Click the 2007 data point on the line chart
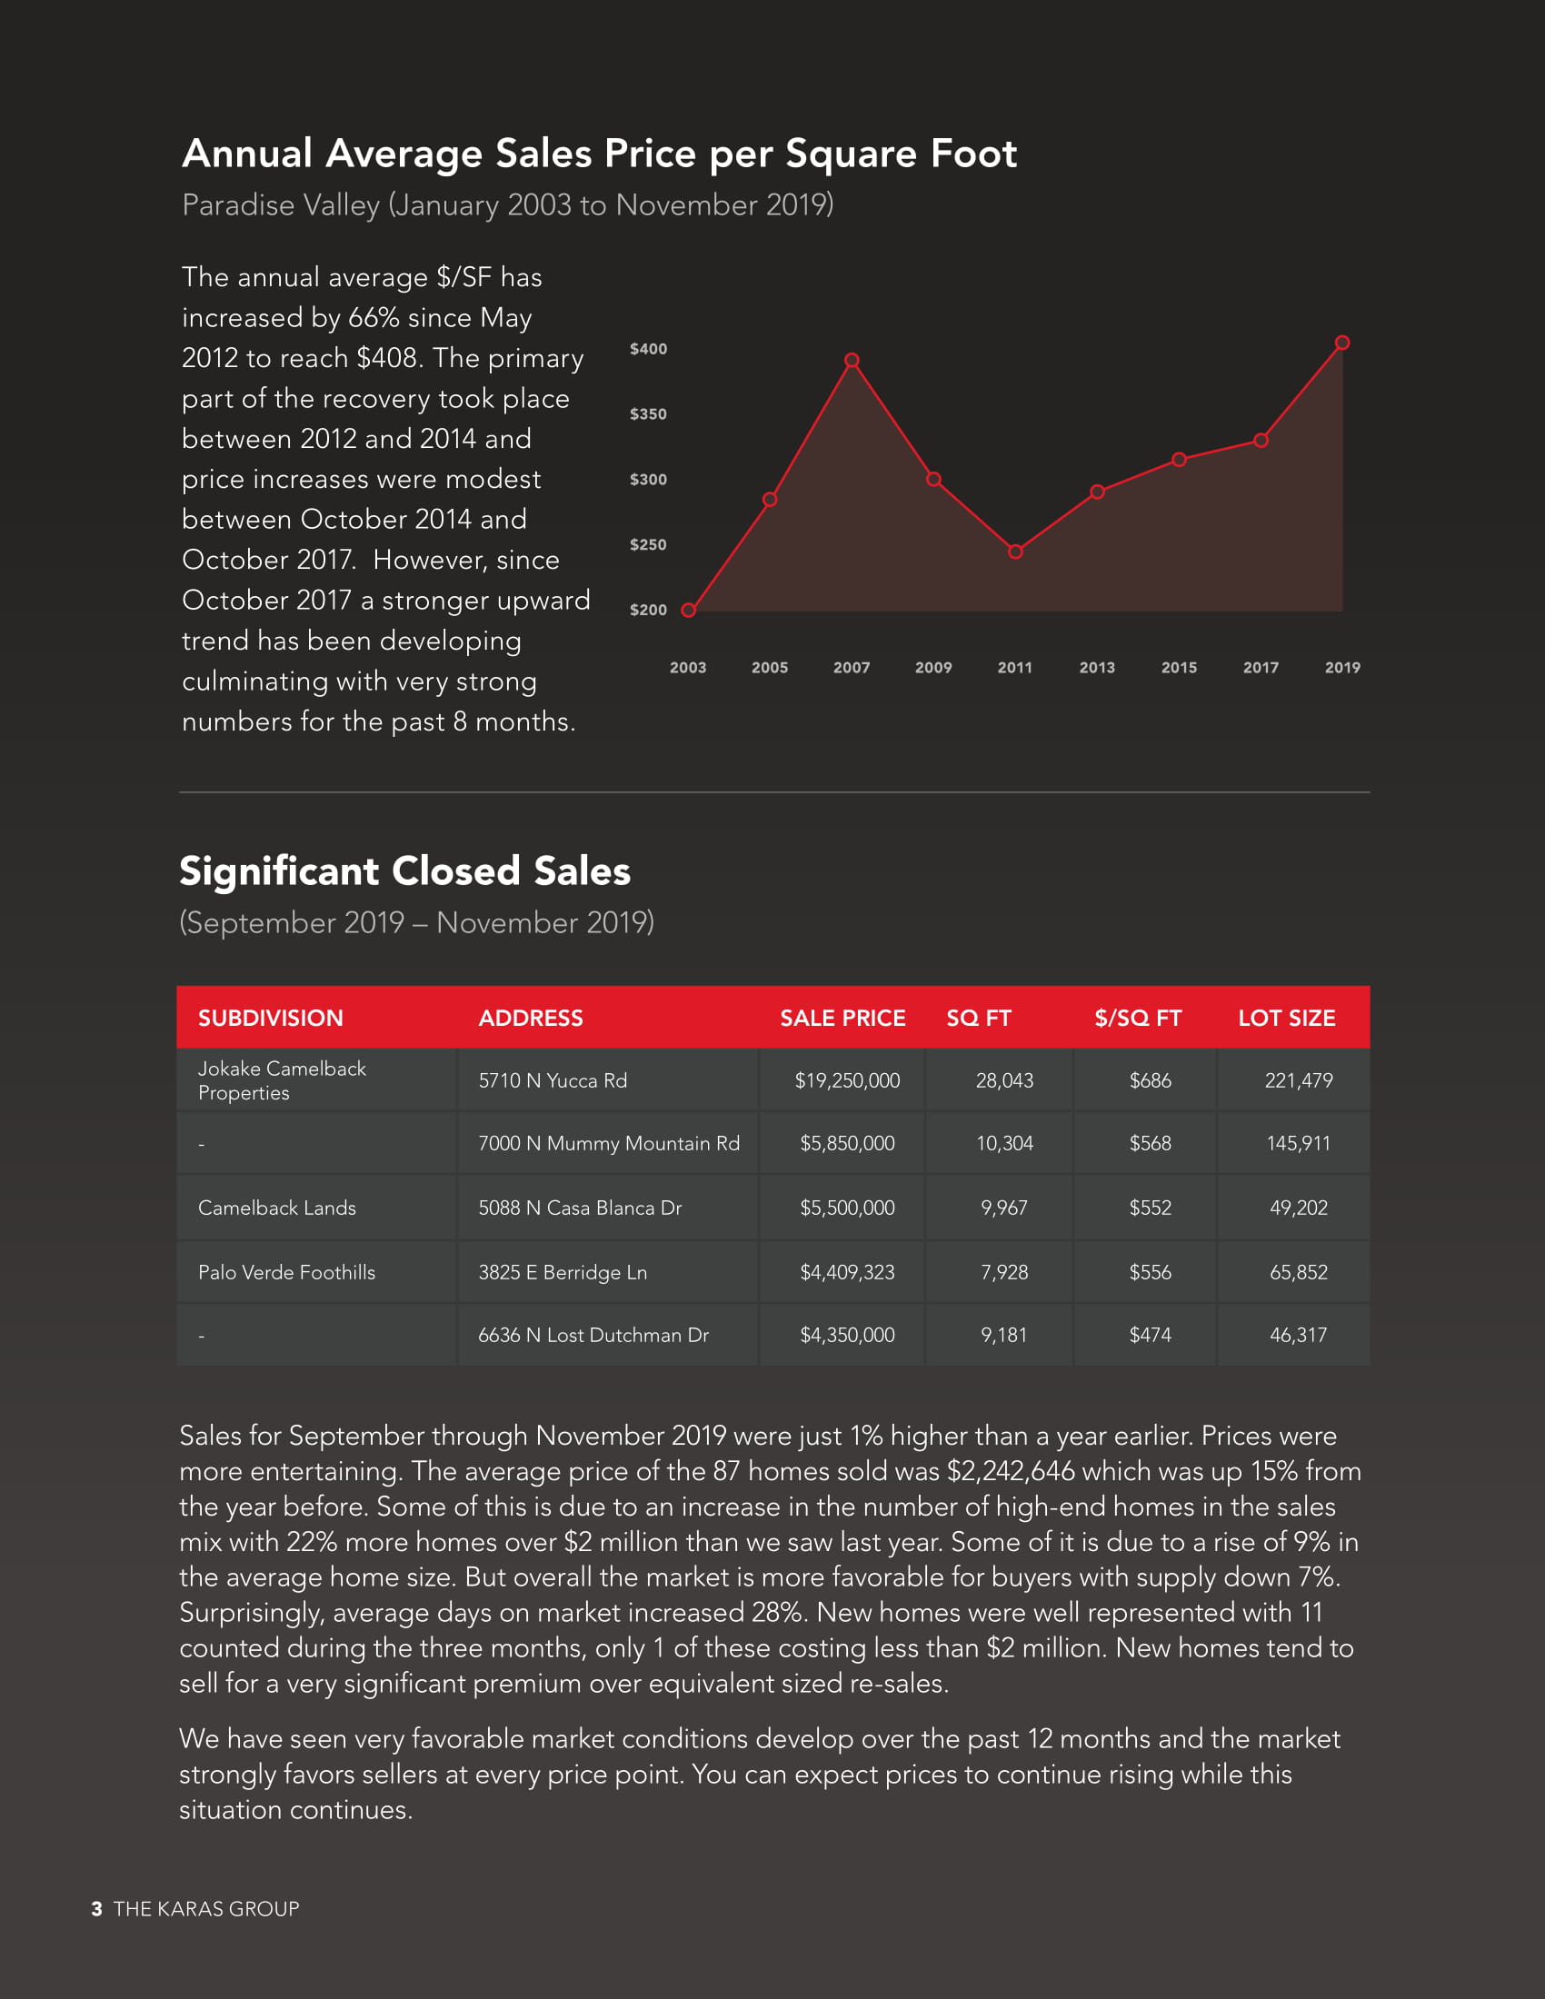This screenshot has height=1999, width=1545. pos(852,361)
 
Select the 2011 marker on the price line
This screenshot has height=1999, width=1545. pos(1015,552)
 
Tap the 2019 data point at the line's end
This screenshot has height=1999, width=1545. pos(1341,343)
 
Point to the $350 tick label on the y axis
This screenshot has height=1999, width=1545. pos(648,414)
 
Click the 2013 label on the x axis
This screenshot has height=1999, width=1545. pos(1097,668)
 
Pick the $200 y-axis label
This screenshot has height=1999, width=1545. pos(648,611)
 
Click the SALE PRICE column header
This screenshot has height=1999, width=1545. pos(842,1018)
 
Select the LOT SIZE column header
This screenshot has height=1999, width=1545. pos(1286,1018)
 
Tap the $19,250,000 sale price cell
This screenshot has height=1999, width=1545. pos(847,1081)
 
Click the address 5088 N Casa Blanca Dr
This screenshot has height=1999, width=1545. pos(580,1208)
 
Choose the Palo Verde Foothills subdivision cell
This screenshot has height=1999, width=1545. pos(286,1272)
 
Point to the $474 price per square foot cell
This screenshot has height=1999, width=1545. pos(1150,1336)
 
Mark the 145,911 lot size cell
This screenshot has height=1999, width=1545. pos(1298,1144)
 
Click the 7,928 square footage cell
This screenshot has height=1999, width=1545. pos(1004,1272)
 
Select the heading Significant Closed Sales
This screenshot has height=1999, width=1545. pos(404,871)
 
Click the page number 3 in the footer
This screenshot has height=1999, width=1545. pos(97,1909)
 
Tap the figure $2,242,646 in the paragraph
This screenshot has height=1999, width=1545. pos(1012,1472)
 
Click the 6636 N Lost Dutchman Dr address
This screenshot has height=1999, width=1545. pos(593,1336)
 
